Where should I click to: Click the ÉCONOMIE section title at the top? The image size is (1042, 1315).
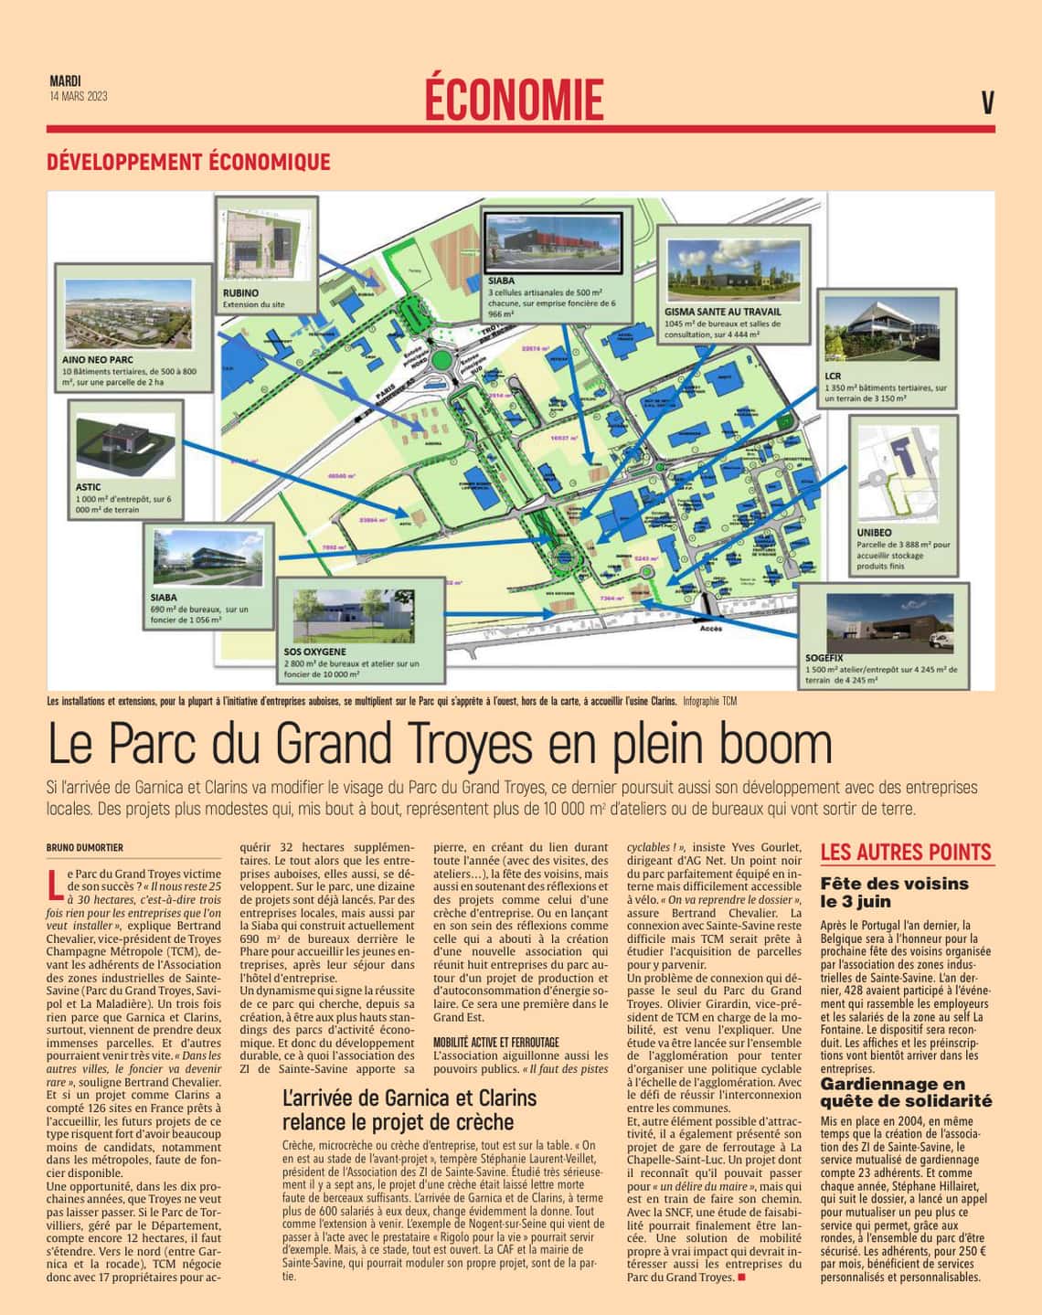[514, 99]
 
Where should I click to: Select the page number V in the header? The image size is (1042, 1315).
[987, 103]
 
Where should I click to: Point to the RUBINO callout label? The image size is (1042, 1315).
[241, 292]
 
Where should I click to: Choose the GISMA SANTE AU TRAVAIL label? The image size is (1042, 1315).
[723, 311]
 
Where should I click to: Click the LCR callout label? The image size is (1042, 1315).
[832, 376]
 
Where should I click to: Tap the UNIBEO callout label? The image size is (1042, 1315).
[874, 532]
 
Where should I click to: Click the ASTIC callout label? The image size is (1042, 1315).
[88, 487]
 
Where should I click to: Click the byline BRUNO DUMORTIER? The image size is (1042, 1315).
[85, 847]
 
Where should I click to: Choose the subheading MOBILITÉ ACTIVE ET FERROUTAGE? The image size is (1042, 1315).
[495, 1041]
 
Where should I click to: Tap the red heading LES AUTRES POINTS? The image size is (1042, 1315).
[906, 853]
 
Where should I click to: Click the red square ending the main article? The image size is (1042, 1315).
[741, 1277]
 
